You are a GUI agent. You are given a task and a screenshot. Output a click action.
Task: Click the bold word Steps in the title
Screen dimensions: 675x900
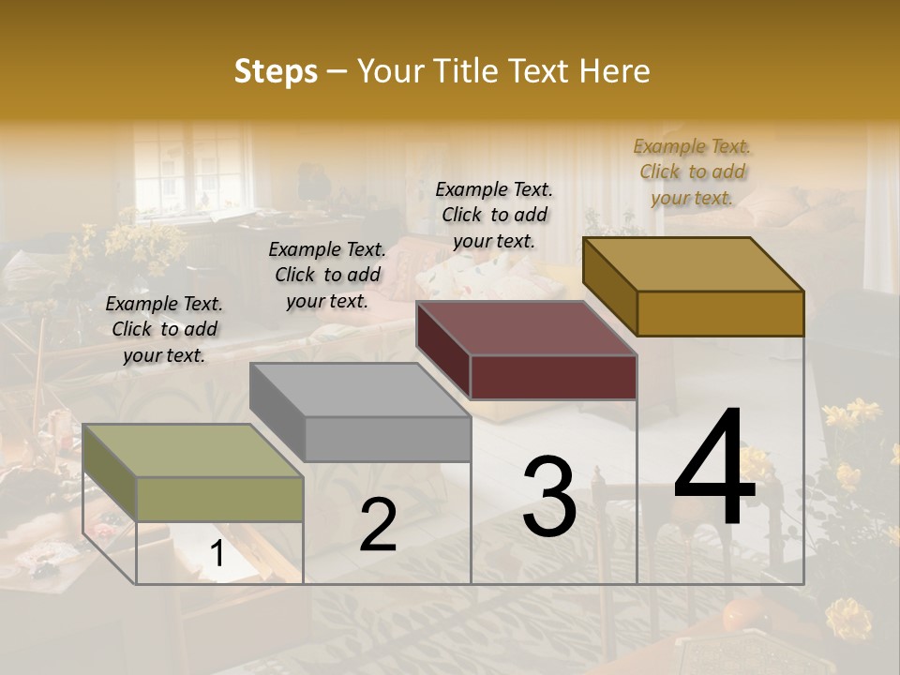click(x=276, y=71)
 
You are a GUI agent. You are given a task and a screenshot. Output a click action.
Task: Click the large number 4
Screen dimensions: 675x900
click(x=714, y=468)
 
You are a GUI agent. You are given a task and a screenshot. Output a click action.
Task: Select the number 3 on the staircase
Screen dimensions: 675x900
click(x=549, y=496)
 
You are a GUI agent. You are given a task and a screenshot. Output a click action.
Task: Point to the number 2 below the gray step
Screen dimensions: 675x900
click(x=378, y=525)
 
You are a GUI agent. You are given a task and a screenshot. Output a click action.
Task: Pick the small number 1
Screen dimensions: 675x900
click(x=217, y=554)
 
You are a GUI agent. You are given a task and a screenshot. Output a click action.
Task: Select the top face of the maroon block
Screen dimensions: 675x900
click(x=525, y=328)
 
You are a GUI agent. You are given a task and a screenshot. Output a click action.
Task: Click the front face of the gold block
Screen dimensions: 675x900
click(x=720, y=313)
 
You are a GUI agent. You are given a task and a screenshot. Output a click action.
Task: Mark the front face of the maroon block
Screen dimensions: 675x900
click(x=553, y=377)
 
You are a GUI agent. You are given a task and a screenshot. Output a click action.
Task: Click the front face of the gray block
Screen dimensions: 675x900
click(x=387, y=439)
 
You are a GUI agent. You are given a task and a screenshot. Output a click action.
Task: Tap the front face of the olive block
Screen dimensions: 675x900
click(x=220, y=499)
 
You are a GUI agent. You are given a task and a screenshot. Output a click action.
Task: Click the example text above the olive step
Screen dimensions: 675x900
click(x=164, y=329)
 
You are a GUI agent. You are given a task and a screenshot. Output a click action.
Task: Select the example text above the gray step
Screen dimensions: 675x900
click(x=327, y=275)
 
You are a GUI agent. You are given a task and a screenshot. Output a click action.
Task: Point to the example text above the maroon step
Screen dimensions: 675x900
click(x=494, y=215)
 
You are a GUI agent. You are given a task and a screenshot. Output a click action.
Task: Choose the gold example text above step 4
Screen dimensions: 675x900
click(x=692, y=172)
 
